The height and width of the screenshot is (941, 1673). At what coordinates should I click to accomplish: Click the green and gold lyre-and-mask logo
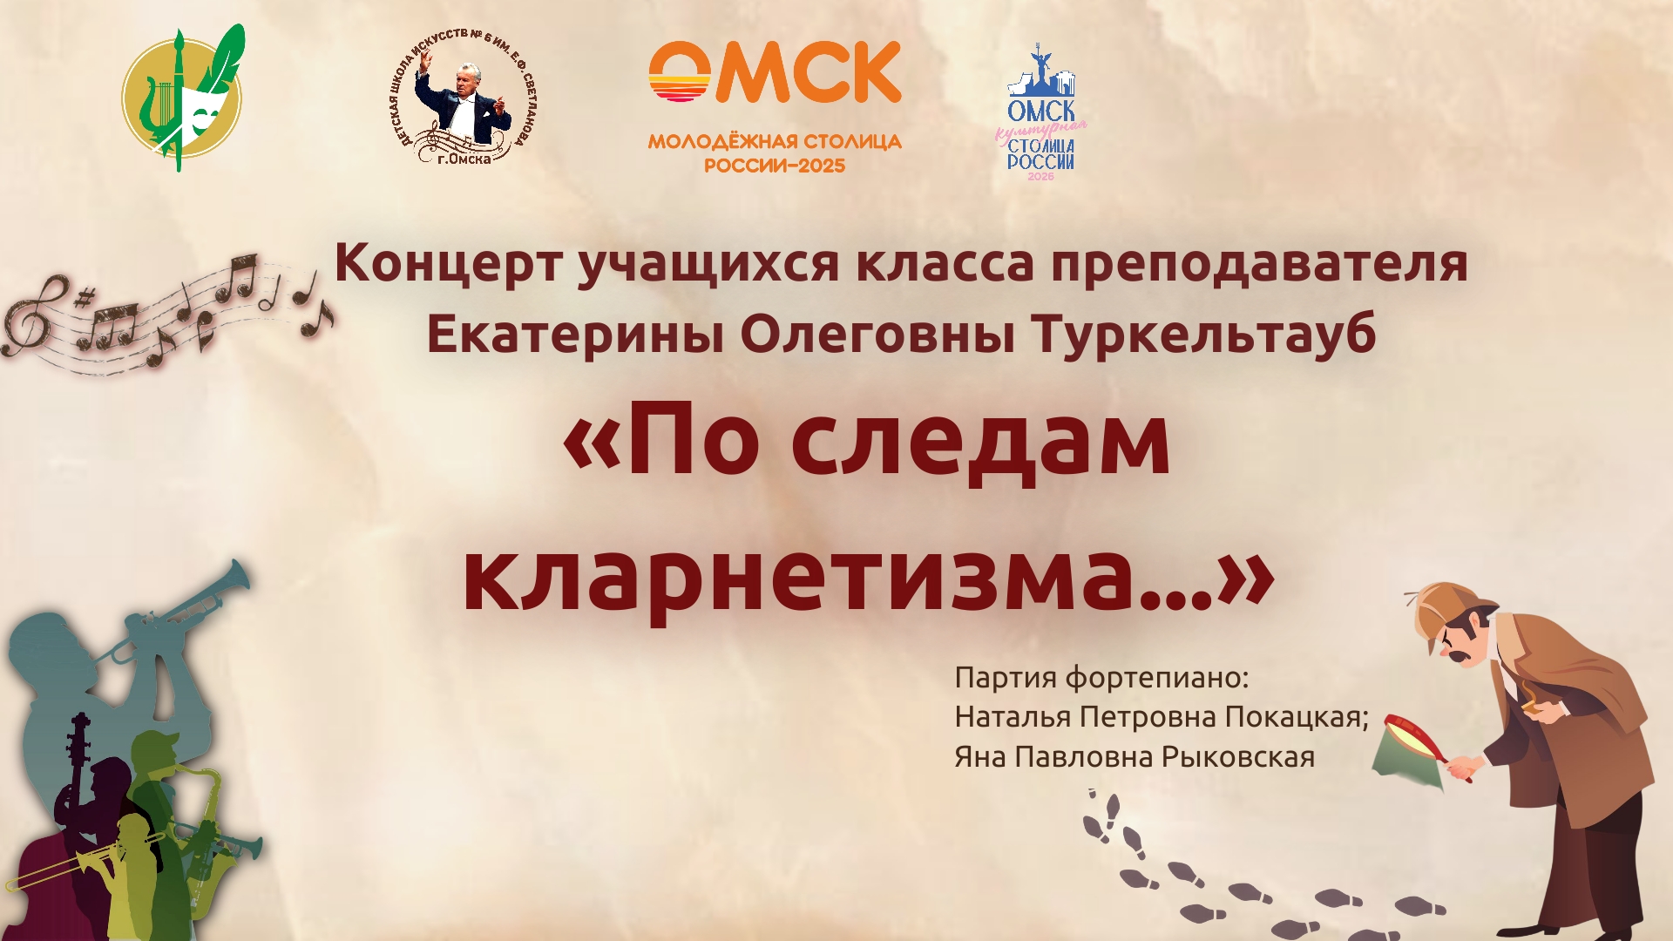click(x=182, y=98)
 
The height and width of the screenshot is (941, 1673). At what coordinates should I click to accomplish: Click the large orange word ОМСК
click(x=775, y=73)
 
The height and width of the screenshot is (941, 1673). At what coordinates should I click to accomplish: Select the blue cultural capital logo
click(x=1041, y=113)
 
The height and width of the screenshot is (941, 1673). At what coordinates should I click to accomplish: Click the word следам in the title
click(x=980, y=442)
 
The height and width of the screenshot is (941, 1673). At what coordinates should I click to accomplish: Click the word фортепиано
click(x=1158, y=678)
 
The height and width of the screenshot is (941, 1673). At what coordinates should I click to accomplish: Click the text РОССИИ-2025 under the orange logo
click(x=775, y=166)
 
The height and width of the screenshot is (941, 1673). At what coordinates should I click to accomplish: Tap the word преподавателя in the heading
click(x=1259, y=264)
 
